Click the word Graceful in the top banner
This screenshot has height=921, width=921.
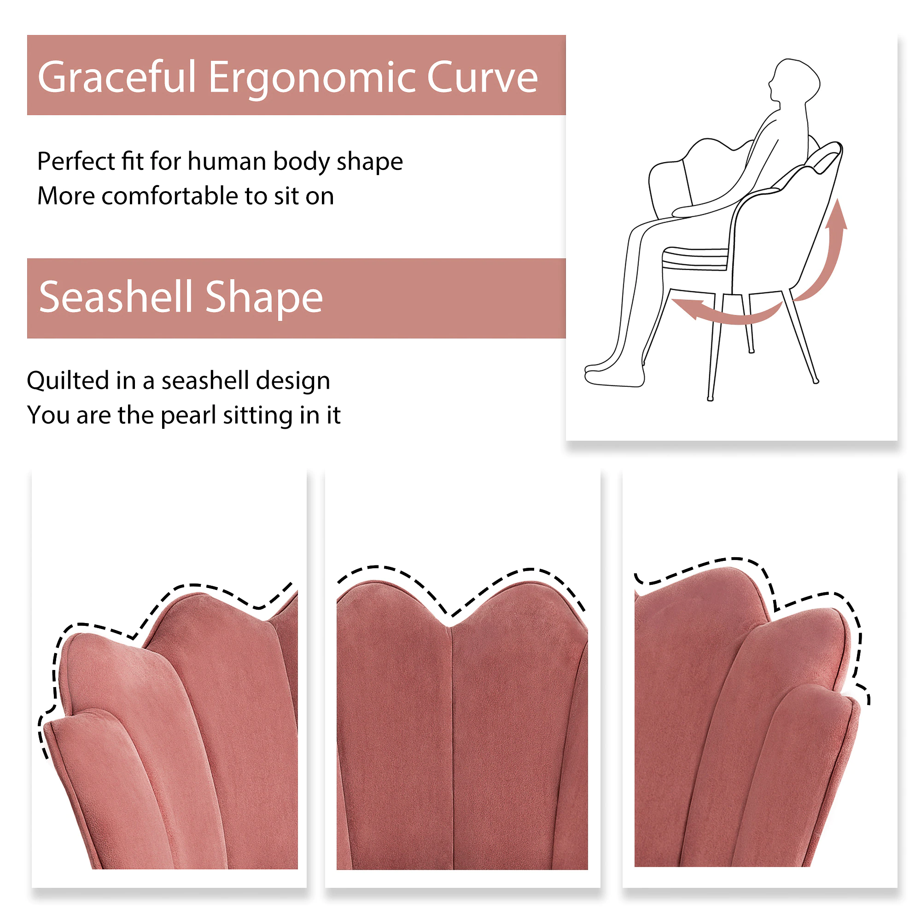click(117, 77)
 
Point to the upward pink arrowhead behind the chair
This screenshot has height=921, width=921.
click(836, 216)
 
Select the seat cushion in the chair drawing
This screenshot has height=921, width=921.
click(695, 258)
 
